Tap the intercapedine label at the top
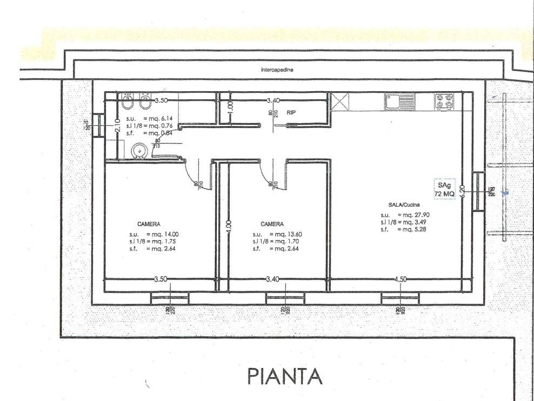[x=277, y=70]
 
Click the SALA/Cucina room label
[x=403, y=206]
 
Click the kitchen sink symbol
[x=399, y=100]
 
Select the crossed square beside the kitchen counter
[x=340, y=102]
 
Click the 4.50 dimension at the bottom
[x=401, y=280]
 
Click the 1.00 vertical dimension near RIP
[x=230, y=106]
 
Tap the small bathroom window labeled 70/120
[x=98, y=126]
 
